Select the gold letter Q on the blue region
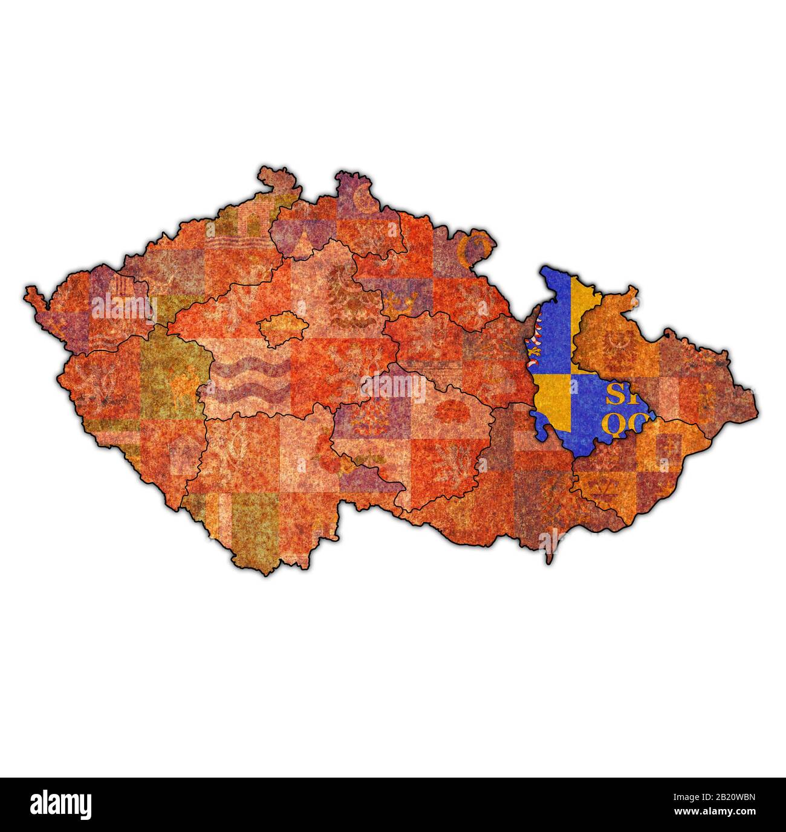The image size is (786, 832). click(x=616, y=426)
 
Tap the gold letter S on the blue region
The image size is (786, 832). click(x=616, y=396)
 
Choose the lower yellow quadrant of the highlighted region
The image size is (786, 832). click(x=553, y=399)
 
